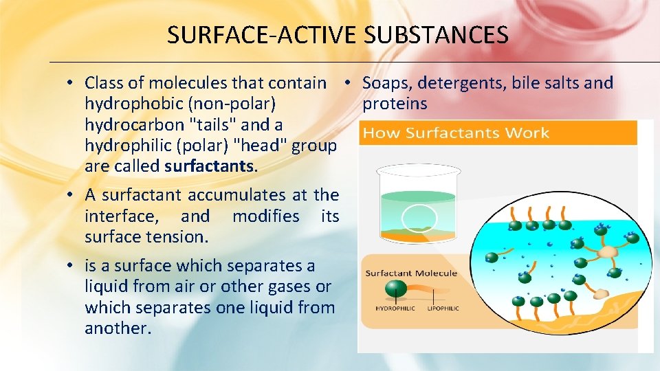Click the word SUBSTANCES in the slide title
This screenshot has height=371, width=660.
click(x=437, y=34)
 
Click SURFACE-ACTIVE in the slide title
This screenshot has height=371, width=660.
click(x=263, y=34)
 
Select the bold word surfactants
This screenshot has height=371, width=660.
click(x=209, y=166)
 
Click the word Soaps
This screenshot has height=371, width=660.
click(x=386, y=83)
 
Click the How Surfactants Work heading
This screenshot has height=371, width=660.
click(x=456, y=133)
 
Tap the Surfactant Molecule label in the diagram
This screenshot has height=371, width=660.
click(x=411, y=273)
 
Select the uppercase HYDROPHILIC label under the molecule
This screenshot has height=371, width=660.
click(x=395, y=308)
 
